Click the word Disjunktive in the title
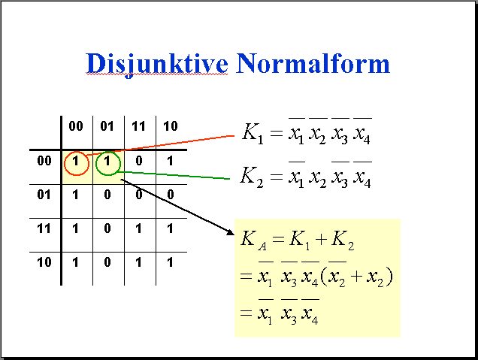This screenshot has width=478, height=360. (157, 65)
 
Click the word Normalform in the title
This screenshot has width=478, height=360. (313, 63)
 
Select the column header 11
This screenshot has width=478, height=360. (138, 126)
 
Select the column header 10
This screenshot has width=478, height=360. (171, 126)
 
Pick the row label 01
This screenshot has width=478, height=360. (44, 195)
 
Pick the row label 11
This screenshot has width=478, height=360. (44, 228)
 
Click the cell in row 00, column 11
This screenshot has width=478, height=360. (139, 161)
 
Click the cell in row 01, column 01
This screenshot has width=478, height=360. (107, 195)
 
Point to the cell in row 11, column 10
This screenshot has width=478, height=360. (170, 228)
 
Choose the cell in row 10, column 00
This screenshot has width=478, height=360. (75, 262)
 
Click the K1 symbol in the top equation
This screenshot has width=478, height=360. (253, 133)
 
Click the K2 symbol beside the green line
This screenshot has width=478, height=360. (252, 177)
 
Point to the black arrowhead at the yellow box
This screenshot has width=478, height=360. (230, 232)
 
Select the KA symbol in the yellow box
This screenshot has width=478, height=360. (253, 240)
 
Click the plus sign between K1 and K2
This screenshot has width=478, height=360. (321, 239)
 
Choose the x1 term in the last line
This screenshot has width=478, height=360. (265, 312)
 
